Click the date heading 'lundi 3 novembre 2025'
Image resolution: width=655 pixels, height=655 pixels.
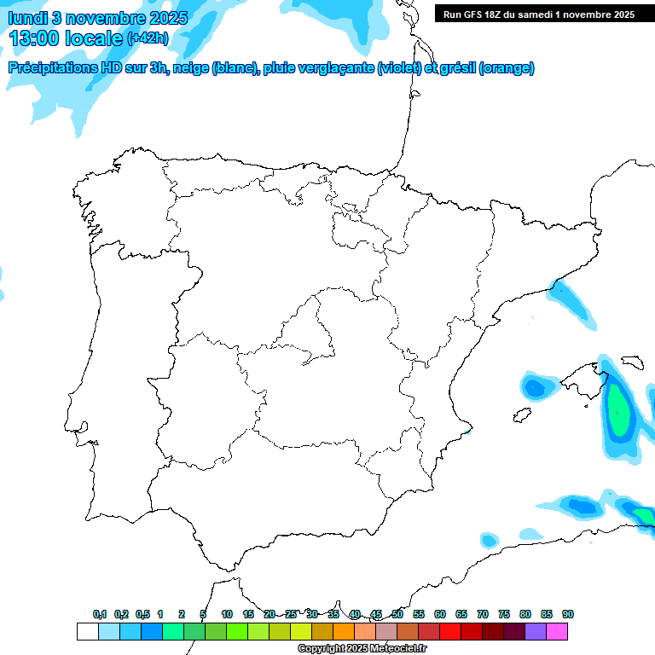(x=99, y=18)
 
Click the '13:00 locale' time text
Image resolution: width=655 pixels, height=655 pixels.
(x=66, y=38)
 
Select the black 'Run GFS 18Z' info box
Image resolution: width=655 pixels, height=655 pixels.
(x=538, y=14)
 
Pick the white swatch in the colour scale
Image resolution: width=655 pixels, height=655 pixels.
(x=87, y=632)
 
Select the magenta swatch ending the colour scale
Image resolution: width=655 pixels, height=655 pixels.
(x=557, y=632)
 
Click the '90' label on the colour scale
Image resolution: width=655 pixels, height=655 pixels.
(x=568, y=615)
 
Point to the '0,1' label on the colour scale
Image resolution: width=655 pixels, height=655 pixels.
(x=100, y=615)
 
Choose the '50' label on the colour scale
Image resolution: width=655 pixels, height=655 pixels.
(x=397, y=615)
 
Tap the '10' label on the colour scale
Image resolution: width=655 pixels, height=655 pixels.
(x=227, y=615)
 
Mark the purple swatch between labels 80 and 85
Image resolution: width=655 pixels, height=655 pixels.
(x=536, y=632)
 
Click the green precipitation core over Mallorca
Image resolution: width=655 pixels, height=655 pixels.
(x=618, y=410)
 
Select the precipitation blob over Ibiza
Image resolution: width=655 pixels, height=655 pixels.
(x=535, y=388)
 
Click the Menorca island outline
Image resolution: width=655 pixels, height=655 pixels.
(x=632, y=362)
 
